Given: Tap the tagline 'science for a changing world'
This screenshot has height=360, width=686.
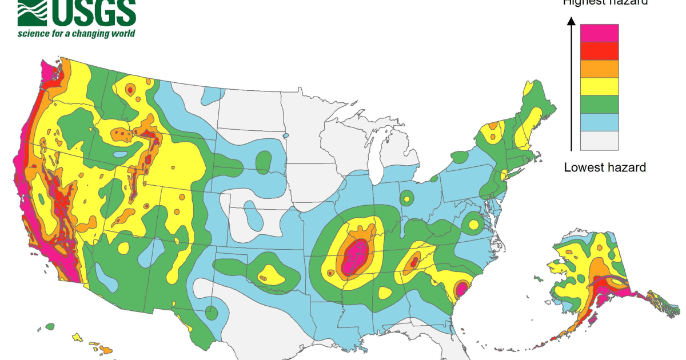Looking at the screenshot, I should (76, 33).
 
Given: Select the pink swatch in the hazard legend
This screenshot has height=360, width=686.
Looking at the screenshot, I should (599, 33).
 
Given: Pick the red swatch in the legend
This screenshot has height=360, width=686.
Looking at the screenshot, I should (599, 51).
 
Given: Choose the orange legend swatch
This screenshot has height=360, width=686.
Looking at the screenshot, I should (599, 69).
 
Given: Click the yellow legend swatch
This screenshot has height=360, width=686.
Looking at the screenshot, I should (599, 86).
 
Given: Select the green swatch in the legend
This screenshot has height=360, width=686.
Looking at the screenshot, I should (599, 104).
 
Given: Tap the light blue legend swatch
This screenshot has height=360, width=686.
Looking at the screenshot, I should (599, 122).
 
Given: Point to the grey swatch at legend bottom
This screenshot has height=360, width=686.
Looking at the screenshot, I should (599, 140).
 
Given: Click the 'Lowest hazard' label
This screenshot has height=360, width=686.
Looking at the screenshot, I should (605, 167).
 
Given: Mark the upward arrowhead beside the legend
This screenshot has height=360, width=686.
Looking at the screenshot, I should (571, 22).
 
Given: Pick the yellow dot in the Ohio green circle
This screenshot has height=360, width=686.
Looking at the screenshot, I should (406, 199).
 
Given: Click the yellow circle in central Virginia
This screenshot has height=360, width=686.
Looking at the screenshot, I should (473, 225).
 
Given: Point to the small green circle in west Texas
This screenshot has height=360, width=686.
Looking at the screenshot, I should (211, 313).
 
